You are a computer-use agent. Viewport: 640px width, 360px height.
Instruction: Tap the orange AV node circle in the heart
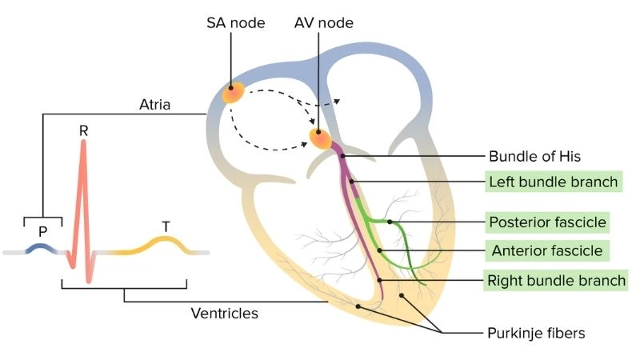click(321, 138)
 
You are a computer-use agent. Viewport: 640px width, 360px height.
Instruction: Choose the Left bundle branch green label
click(554, 182)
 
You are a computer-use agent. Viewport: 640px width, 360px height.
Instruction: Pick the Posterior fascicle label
click(547, 222)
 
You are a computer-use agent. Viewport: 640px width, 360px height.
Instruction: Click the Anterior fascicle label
click(547, 250)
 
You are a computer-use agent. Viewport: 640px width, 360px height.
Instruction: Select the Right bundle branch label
click(557, 280)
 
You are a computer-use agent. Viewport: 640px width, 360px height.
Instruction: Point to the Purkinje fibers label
click(536, 331)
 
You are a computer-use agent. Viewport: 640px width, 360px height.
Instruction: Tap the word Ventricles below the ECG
click(224, 314)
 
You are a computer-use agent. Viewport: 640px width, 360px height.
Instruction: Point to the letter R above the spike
click(83, 129)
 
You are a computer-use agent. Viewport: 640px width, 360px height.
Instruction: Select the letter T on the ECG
click(166, 226)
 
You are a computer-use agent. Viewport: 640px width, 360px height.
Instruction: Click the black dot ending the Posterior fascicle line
click(389, 222)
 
